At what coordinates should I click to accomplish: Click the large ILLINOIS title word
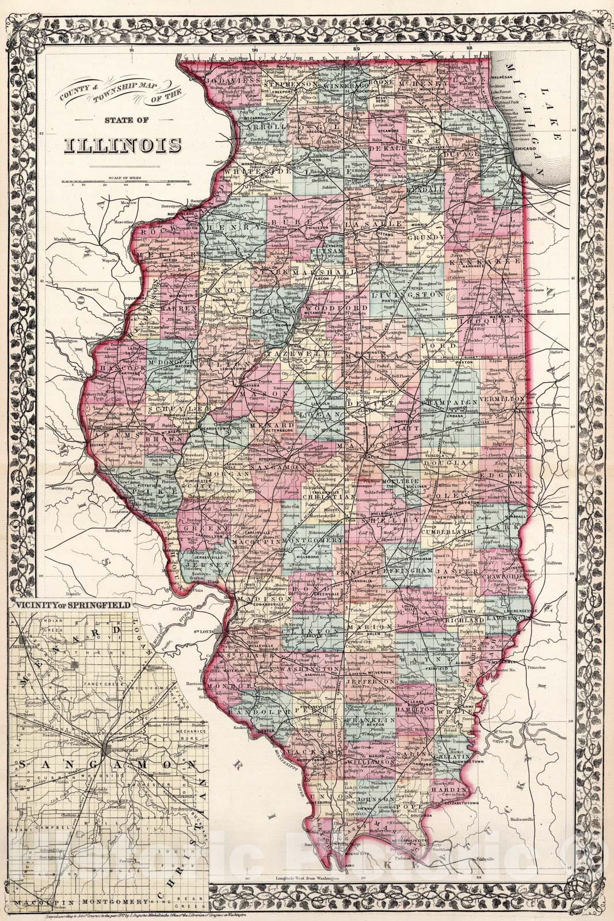120,144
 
